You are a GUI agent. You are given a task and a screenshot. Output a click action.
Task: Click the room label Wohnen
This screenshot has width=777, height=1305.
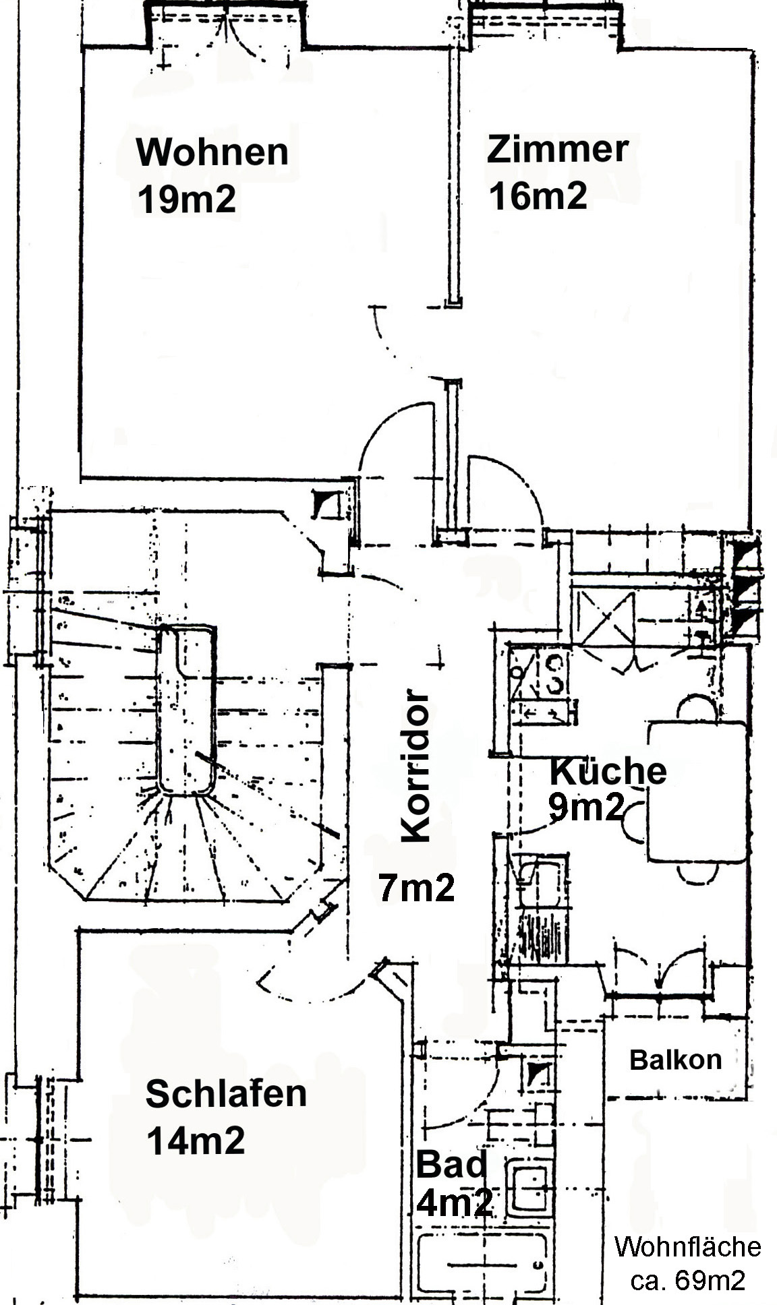[x=212, y=152]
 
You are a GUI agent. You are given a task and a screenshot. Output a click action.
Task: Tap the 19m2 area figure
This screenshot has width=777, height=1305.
[x=187, y=200]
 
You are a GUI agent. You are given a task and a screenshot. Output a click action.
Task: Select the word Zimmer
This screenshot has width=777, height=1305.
[x=558, y=149]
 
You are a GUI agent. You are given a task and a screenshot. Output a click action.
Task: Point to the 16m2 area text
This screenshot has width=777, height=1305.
[x=538, y=196]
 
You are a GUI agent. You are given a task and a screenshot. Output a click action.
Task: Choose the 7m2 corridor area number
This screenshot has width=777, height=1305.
[x=416, y=887]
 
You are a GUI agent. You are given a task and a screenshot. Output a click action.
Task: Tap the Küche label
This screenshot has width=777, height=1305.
[x=608, y=770]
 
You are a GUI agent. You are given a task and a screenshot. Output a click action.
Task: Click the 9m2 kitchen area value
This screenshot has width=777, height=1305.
[x=586, y=807]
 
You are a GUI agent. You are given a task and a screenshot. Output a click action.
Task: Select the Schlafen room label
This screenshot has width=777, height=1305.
[x=226, y=1093]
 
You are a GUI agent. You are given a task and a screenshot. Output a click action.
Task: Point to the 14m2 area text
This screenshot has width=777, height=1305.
[x=196, y=1141]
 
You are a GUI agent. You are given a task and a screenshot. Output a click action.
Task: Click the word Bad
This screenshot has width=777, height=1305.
[x=451, y=1164]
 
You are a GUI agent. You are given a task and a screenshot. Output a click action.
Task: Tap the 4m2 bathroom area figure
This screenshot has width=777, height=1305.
[x=454, y=1202]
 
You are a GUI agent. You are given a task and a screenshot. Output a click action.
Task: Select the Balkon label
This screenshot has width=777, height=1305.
[x=676, y=1060]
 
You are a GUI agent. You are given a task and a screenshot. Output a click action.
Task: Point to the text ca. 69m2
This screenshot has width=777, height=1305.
[x=688, y=1279]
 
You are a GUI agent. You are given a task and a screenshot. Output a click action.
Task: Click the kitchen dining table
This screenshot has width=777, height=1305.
[x=697, y=791]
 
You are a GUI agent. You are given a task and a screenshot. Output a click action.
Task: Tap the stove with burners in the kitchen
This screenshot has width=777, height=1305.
[x=540, y=673]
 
